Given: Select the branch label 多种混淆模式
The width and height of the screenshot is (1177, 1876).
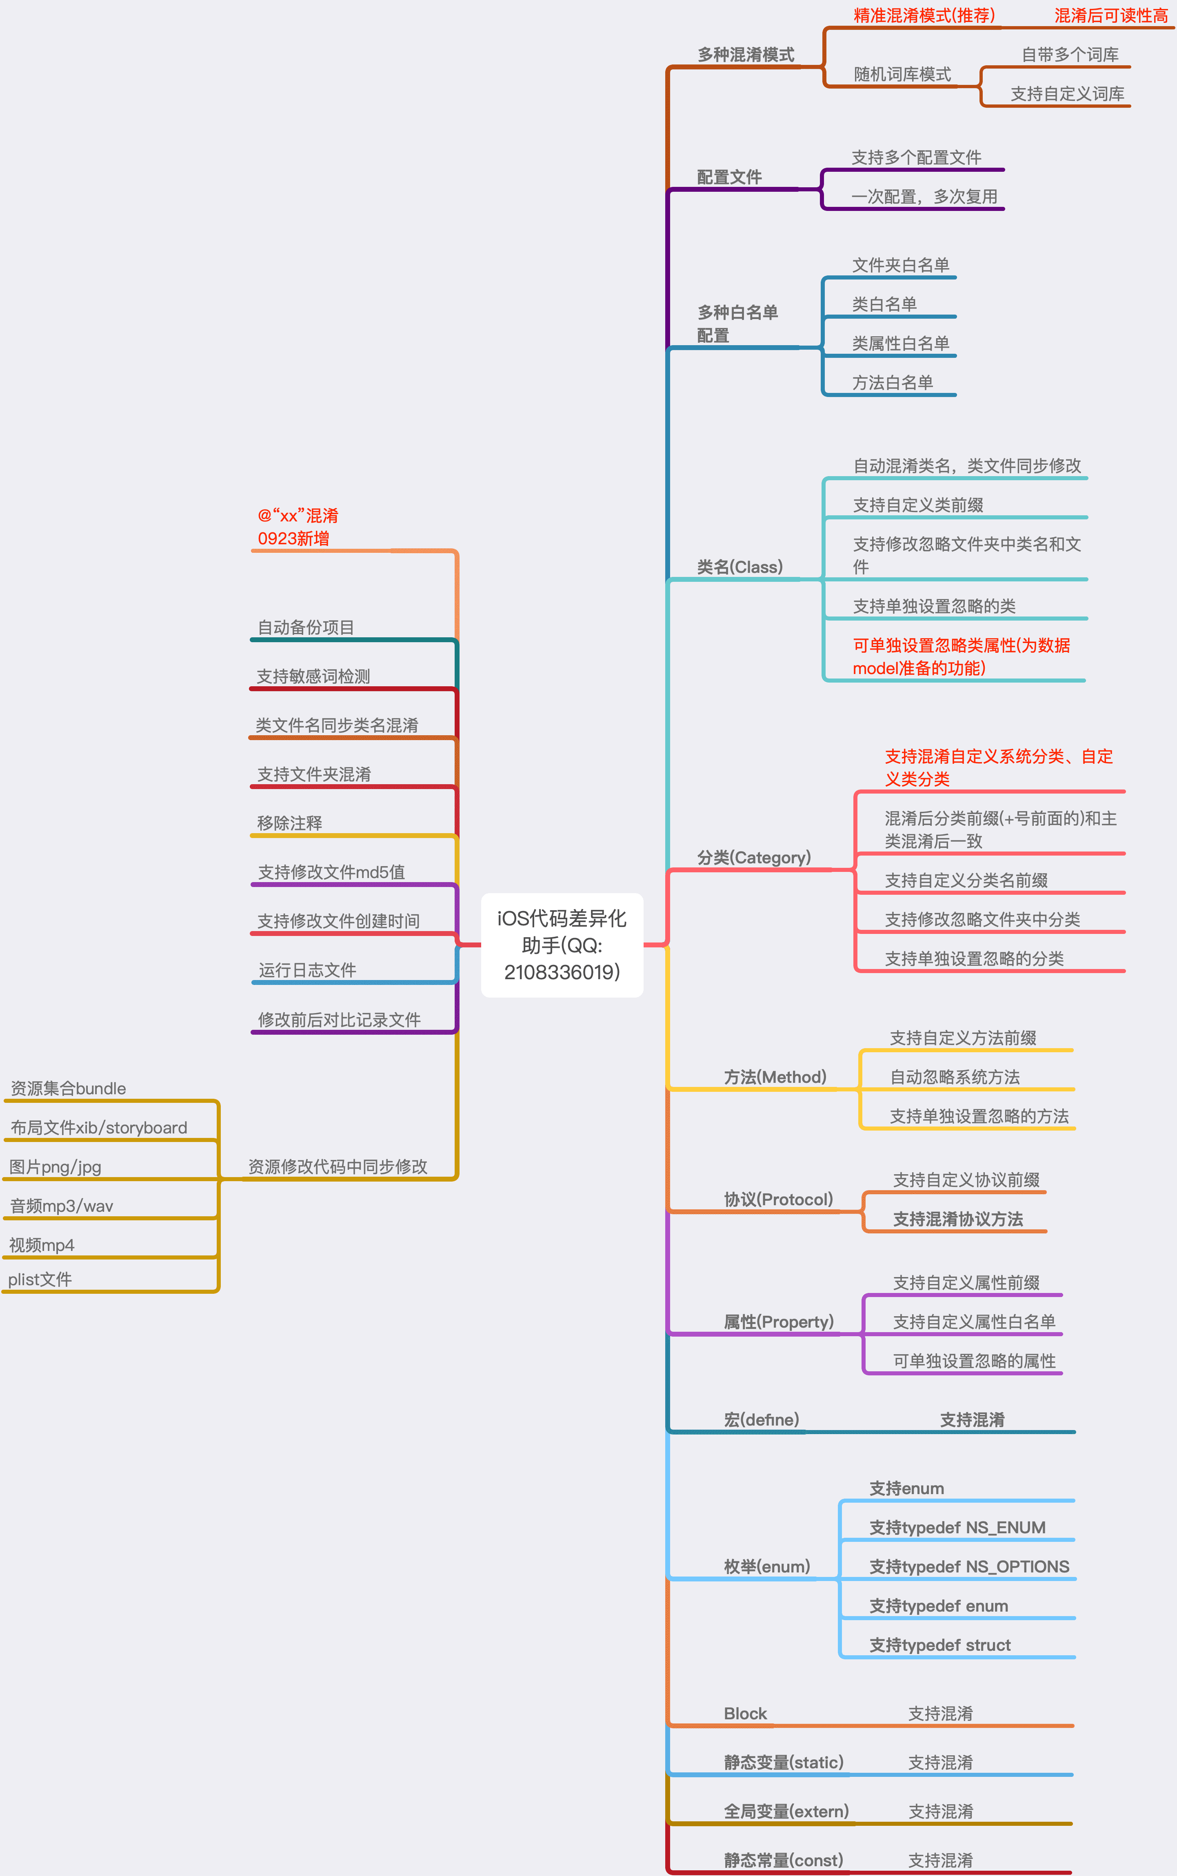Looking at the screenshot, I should pos(746,54).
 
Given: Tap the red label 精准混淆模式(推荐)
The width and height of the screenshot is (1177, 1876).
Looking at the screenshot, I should pos(924,16).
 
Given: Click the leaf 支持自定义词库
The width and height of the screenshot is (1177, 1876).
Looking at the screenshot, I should pos(1067,94).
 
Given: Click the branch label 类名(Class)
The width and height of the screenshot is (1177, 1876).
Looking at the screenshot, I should pos(740,567).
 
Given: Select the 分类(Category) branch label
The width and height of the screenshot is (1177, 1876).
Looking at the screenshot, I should pos(753,858).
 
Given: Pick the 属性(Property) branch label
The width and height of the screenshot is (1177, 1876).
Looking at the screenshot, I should pos(778,1322).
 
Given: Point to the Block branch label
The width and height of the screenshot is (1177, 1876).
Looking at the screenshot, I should pos(745,1713).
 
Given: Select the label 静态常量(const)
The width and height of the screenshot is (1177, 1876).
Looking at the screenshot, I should pos(783,1860).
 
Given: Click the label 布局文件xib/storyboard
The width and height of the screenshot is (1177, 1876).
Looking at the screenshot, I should pos(99,1127).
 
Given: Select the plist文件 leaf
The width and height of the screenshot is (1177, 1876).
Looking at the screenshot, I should pos(40,1279).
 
